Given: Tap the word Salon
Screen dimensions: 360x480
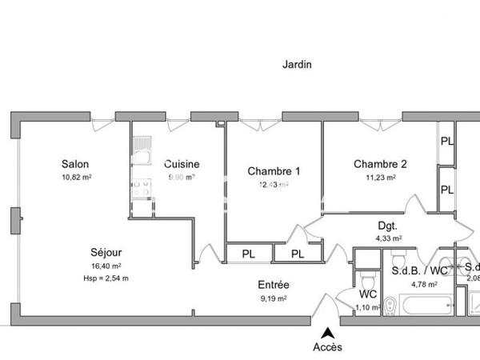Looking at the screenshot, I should (77, 164).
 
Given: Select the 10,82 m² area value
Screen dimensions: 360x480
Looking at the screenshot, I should (77, 178).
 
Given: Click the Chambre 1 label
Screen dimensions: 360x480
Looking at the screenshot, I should (274, 170).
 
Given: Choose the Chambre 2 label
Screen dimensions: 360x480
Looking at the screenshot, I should (380, 164).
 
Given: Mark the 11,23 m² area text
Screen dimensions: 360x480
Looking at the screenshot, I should (380, 178).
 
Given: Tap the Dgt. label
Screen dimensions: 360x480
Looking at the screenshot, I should (388, 226).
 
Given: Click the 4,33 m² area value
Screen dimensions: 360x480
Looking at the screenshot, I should (388, 238).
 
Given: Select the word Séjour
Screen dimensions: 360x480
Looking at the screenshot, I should (106, 252).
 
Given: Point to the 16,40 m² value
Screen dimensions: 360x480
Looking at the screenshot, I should (106, 266).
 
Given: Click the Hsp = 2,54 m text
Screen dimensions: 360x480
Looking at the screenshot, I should (106, 278).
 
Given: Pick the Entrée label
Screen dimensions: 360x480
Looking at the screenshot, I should (274, 285).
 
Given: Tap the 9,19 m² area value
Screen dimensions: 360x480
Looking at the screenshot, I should (274, 298).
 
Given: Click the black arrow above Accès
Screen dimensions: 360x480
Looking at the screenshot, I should (326, 333).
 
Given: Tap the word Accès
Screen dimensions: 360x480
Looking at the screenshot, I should (326, 346).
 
